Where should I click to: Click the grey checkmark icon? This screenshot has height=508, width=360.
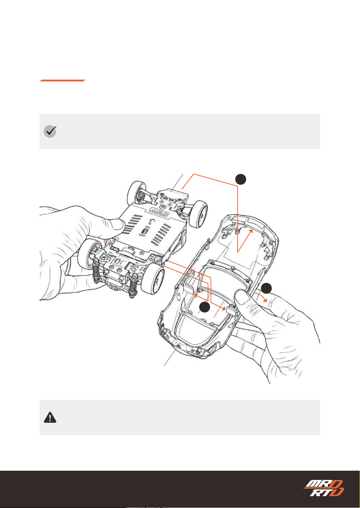(x=50, y=131)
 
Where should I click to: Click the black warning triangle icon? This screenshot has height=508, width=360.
(x=50, y=417)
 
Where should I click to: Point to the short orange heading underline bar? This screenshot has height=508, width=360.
(x=62, y=81)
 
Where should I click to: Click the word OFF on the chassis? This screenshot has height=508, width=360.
(x=142, y=235)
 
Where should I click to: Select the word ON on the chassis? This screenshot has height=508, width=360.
(x=148, y=227)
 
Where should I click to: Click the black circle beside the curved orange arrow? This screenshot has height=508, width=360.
(x=266, y=288)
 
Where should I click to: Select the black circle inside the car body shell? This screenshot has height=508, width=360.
(x=205, y=307)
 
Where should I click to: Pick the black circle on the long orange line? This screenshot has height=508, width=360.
(x=241, y=179)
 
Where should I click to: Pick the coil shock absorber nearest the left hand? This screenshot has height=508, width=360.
(x=96, y=271)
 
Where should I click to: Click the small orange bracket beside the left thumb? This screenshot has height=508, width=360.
(x=105, y=241)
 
